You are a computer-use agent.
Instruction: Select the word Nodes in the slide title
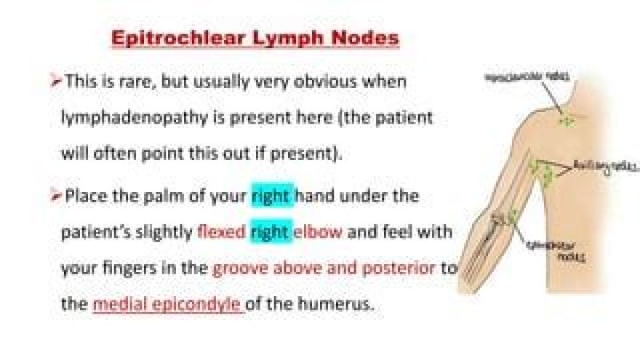[364, 39]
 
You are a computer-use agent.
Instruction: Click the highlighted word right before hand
[271, 196]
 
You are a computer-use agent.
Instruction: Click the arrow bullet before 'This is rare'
[56, 82]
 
